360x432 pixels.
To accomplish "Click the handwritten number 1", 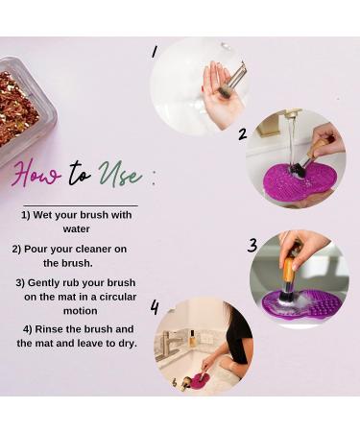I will [x=154, y=51].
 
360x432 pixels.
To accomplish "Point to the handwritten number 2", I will [x=242, y=133].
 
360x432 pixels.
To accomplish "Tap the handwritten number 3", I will [x=252, y=245].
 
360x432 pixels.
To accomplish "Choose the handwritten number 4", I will [x=154, y=307].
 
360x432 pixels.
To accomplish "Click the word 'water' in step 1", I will [x=76, y=229].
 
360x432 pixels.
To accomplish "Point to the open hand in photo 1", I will [x=219, y=96].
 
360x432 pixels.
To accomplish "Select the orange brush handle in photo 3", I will [x=288, y=268].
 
